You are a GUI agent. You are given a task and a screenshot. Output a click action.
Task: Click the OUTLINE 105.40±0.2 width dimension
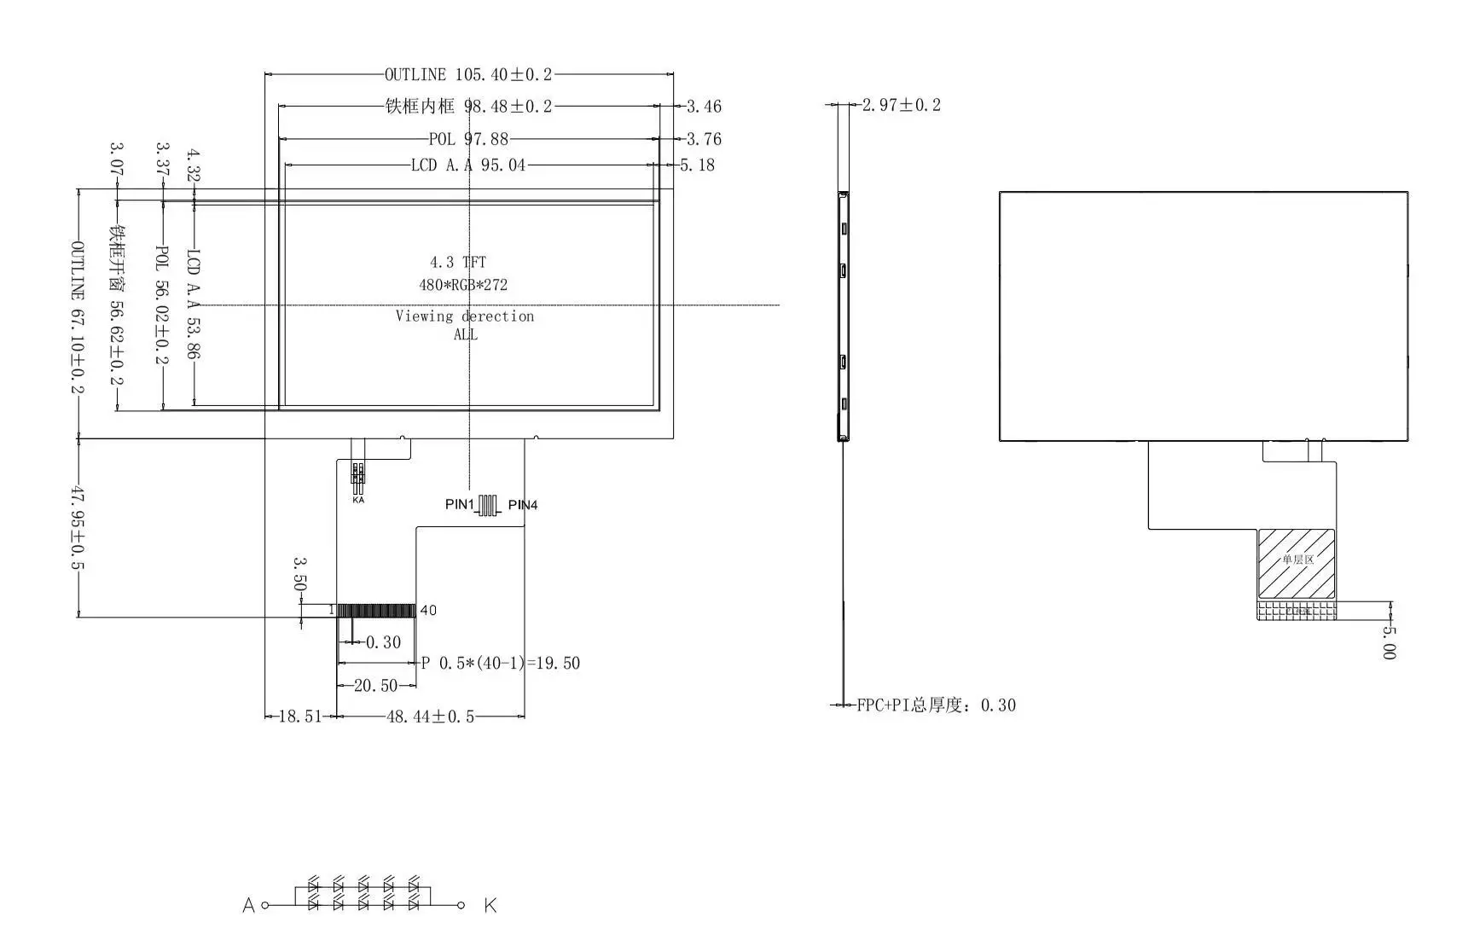[x=468, y=75]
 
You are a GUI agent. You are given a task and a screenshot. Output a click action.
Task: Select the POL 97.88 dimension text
[x=468, y=139]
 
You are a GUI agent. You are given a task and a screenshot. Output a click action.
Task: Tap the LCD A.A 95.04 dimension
[x=468, y=165]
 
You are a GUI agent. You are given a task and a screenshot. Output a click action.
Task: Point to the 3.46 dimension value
[x=704, y=107]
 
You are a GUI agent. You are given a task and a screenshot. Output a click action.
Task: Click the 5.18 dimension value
[x=697, y=165]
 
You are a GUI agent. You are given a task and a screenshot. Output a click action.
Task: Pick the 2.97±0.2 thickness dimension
[x=901, y=105]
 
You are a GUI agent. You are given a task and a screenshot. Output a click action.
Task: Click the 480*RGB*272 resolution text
[x=462, y=285]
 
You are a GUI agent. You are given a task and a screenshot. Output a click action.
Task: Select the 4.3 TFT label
[x=458, y=263]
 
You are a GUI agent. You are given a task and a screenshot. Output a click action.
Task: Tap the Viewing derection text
[x=465, y=316]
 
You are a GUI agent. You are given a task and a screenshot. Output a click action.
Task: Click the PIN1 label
[x=459, y=504]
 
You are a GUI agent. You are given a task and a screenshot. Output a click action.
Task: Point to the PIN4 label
[x=523, y=505]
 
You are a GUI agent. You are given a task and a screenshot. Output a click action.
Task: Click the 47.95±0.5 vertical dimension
[x=78, y=528]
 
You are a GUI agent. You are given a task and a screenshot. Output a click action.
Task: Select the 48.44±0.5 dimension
[x=430, y=717]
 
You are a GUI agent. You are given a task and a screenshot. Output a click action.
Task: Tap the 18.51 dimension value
[x=300, y=717]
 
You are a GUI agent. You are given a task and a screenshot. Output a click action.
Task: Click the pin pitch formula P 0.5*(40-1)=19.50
[x=501, y=663]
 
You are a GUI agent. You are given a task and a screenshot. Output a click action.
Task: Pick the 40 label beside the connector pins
[x=428, y=610]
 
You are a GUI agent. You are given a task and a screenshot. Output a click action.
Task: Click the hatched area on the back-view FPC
[x=1296, y=563]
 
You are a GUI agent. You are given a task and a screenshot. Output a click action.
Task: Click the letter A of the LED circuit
[x=249, y=905]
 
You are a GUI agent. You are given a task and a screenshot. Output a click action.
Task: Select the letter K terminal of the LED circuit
[x=490, y=905]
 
